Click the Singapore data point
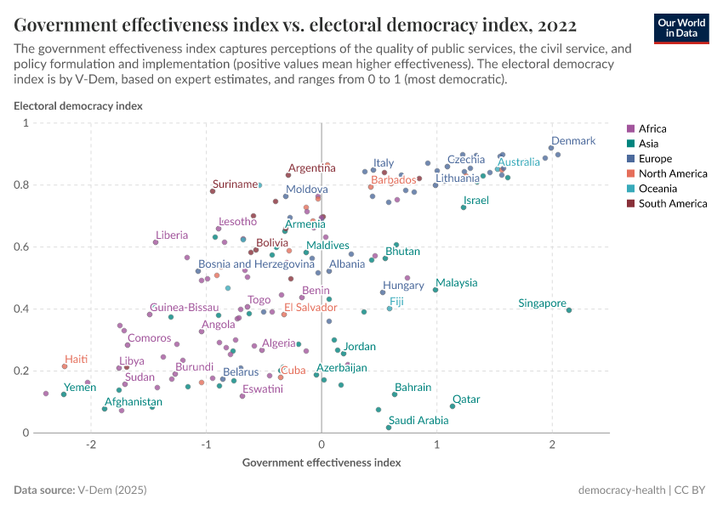(569, 310)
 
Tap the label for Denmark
(573, 141)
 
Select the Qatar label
(466, 399)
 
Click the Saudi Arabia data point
(389, 427)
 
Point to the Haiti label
(77, 360)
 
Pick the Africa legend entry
(647, 128)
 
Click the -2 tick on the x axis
(91, 445)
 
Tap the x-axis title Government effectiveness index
(322, 463)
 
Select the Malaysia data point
(436, 290)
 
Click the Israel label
(475, 201)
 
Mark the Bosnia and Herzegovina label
(256, 264)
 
